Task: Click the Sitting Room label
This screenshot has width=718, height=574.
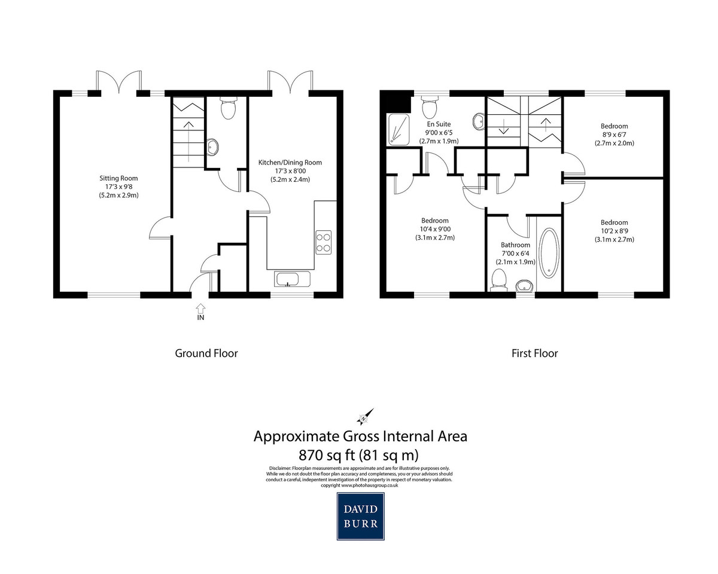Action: pyautogui.click(x=118, y=178)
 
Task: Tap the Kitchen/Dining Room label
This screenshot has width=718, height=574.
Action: pyautogui.click(x=290, y=163)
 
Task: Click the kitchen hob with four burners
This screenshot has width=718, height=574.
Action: pyautogui.click(x=323, y=243)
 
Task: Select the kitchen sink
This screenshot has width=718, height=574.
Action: pyautogui.click(x=292, y=279)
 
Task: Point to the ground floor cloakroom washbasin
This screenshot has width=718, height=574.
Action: pyautogui.click(x=212, y=146)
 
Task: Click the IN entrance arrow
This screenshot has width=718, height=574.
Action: pyautogui.click(x=200, y=307)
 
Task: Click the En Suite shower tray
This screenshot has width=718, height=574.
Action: pyautogui.click(x=398, y=129)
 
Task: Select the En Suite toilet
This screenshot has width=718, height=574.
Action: pyautogui.click(x=430, y=107)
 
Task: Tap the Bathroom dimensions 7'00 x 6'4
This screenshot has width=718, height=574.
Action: pyautogui.click(x=515, y=254)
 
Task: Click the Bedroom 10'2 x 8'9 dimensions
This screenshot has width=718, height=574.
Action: pyautogui.click(x=614, y=231)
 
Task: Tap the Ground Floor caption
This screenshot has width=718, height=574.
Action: pyautogui.click(x=206, y=353)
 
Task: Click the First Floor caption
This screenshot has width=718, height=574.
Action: pyautogui.click(x=534, y=353)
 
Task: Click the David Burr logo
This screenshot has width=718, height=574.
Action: pyautogui.click(x=361, y=516)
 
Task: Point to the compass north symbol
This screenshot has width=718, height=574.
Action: pyautogui.click(x=365, y=417)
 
